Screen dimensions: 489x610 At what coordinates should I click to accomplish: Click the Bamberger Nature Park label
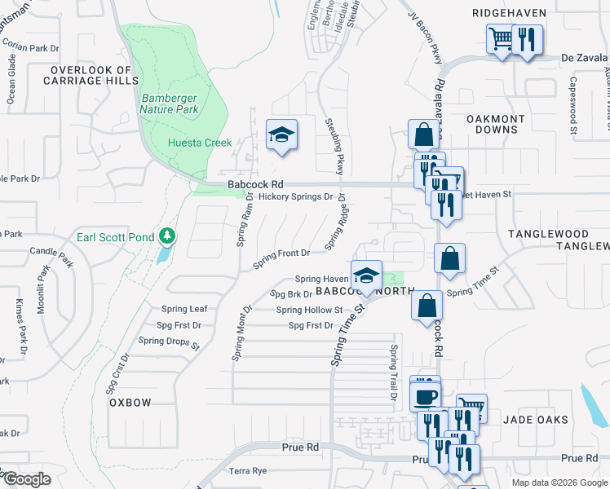point(170,103)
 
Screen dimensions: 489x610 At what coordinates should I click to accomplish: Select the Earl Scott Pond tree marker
point(167,236)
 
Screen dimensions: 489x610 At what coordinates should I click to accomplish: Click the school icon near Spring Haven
point(366,275)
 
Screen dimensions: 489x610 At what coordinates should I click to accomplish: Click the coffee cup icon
point(427,397)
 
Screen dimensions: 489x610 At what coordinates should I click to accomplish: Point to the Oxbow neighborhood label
point(130,403)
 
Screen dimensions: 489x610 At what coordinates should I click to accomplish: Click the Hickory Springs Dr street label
point(295,196)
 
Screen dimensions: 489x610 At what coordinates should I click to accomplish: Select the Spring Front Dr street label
point(281,259)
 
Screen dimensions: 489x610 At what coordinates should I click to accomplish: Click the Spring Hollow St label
point(309,310)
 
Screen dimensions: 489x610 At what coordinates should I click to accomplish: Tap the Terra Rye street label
point(248,471)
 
